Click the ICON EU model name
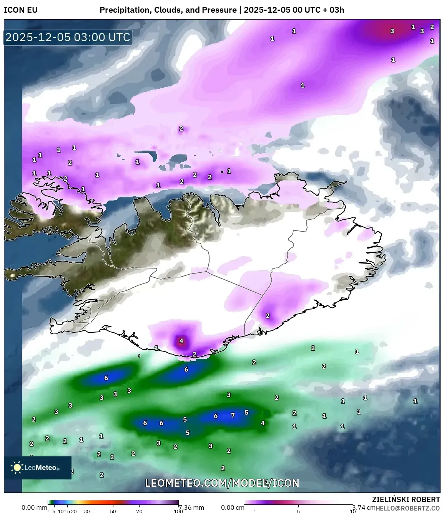click(x=21, y=10)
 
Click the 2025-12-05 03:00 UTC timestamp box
click(x=68, y=37)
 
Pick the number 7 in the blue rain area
click(x=233, y=415)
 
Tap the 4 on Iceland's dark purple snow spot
click(x=181, y=341)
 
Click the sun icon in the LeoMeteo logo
click(x=17, y=467)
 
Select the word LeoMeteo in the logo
click(x=41, y=468)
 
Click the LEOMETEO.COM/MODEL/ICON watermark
click(x=222, y=483)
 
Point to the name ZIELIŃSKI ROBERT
click(x=406, y=499)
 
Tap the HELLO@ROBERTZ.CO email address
click(x=408, y=508)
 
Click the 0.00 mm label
click(x=34, y=507)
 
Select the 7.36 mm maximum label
click(x=192, y=507)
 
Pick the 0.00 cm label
click(x=233, y=507)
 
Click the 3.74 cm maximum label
click(x=364, y=507)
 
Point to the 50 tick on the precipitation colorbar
click(x=113, y=511)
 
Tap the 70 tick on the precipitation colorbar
click(x=139, y=511)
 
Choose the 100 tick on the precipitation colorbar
click(x=178, y=511)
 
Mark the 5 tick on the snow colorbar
click(x=298, y=511)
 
